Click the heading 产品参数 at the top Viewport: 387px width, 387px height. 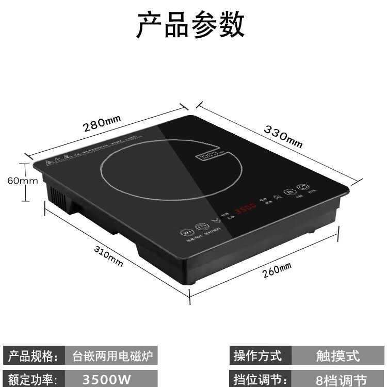(190, 25)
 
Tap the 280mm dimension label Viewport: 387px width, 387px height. (102, 123)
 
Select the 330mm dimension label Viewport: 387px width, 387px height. (283, 136)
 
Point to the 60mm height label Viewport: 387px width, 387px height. (22, 181)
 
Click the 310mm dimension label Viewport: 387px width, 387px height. (108, 255)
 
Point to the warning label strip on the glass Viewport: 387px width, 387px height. (93, 150)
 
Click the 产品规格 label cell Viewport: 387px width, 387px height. (32, 356)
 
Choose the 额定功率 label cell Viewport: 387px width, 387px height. (32, 379)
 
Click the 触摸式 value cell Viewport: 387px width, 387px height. (338, 356)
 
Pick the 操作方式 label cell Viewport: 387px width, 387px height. (259, 356)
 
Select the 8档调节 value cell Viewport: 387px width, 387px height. (338, 380)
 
